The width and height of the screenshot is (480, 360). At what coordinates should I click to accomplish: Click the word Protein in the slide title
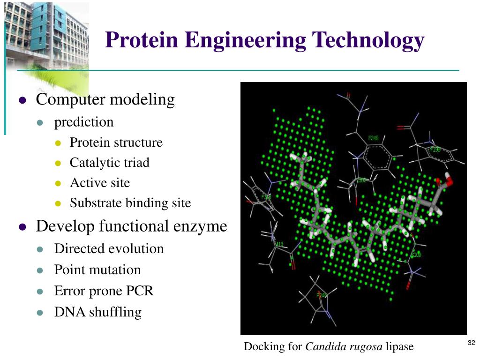coord(142,40)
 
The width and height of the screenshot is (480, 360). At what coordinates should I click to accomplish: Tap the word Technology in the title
coord(366,40)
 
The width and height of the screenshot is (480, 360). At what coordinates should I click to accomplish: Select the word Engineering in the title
coord(245,40)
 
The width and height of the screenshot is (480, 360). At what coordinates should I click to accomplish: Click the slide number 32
coord(472,343)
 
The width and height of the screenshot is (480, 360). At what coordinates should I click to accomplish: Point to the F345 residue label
coord(374,138)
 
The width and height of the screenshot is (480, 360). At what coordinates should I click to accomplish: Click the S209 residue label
coord(416,255)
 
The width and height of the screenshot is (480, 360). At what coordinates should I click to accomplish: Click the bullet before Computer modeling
coord(22,100)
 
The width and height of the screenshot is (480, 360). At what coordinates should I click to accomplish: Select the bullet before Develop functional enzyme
coord(22,227)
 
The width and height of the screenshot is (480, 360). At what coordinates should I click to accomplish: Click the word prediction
coord(84,122)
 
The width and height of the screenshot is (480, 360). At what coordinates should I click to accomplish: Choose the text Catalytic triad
coord(109,163)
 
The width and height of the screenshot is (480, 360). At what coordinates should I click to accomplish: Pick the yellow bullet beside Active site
coord(58,183)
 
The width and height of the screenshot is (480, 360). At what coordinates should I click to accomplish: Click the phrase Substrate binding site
coord(130,203)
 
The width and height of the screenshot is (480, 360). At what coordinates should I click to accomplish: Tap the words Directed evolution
coord(109,248)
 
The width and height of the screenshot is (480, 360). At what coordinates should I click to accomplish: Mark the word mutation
coord(117,270)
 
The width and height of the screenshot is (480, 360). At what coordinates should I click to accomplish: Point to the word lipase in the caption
coord(400,347)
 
